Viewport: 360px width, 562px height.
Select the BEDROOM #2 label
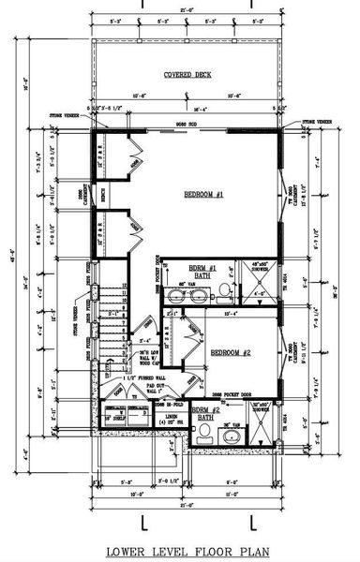[x=230, y=353]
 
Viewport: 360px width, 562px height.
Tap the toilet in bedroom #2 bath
[x=204, y=432]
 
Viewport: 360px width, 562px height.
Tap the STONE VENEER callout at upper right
[x=315, y=121]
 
